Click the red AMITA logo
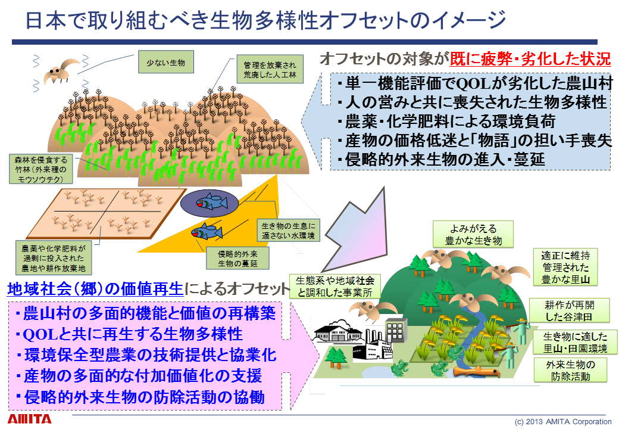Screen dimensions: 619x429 pyautogui.click(x=30, y=419)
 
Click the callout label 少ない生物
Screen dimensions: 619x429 pyautogui.click(x=166, y=62)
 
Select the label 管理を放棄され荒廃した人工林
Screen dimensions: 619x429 pyautogui.click(x=270, y=69)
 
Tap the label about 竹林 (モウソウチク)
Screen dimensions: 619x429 pyautogui.click(x=41, y=169)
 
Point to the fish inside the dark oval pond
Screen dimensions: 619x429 pyautogui.click(x=211, y=201)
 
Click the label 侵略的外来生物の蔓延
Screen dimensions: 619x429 pyautogui.click(x=237, y=259)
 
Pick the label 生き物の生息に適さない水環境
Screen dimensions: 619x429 pyautogui.click(x=289, y=231)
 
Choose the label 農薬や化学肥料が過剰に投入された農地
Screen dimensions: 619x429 pyautogui.click(x=54, y=258)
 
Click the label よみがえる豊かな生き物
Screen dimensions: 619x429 pyautogui.click(x=473, y=234)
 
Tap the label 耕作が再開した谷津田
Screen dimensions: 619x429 pyautogui.click(x=569, y=310)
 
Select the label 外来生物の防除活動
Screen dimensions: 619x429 pyautogui.click(x=570, y=370)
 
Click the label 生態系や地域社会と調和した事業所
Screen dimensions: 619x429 pyautogui.click(x=335, y=287)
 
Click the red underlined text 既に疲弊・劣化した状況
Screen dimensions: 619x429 pyautogui.click(x=530, y=59)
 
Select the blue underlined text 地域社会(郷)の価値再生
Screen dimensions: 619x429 pyautogui.click(x=96, y=289)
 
